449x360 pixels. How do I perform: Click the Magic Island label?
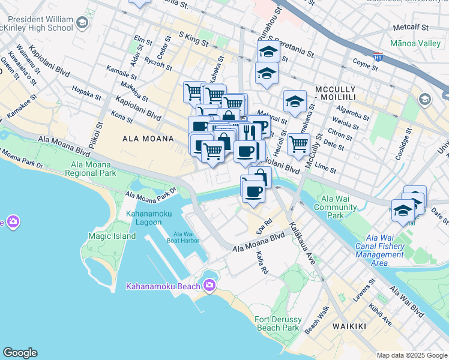(112, 236)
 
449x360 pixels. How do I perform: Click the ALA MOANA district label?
(148, 139)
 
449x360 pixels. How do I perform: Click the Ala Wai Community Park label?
(339, 207)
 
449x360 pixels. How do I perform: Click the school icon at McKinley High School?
(82, 23)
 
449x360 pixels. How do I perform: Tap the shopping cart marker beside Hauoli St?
(298, 143)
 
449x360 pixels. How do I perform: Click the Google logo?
(20, 352)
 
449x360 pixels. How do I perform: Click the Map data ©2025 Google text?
(411, 355)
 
